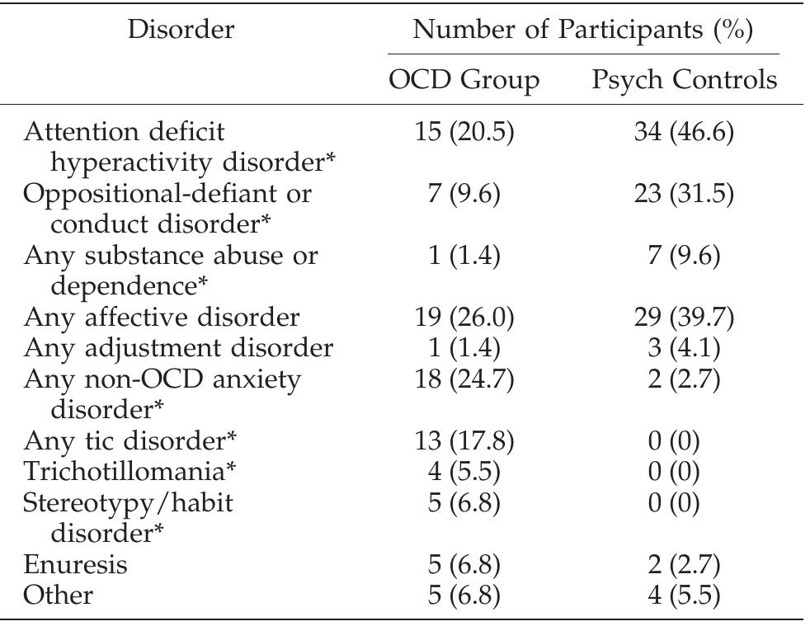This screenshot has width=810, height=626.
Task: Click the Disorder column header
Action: [182, 31]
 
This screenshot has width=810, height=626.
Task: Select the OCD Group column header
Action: [464, 80]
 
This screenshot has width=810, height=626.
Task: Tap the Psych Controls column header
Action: [685, 80]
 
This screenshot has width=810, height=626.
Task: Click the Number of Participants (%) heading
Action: [582, 31]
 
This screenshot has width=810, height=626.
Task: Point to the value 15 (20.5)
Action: [464, 132]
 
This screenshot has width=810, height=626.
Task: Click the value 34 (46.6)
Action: [685, 132]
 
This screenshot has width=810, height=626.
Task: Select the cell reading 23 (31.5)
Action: [685, 194]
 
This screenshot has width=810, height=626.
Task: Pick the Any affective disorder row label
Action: [162, 318]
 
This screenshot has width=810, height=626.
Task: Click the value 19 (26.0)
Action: [464, 318]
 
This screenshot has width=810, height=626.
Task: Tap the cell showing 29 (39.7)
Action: [685, 318]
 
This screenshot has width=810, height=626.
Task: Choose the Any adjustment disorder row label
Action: [178, 348]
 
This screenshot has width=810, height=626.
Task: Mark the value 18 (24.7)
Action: [464, 379]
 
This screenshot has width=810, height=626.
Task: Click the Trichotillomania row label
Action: [130, 472]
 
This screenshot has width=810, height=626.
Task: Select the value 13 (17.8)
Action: [464, 441]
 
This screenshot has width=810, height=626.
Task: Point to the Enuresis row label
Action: [76, 565]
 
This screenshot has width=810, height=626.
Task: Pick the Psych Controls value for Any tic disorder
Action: [685, 441]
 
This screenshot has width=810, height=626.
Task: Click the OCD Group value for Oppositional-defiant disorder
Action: [464, 194]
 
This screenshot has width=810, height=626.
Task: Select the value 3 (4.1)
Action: [685, 348]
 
